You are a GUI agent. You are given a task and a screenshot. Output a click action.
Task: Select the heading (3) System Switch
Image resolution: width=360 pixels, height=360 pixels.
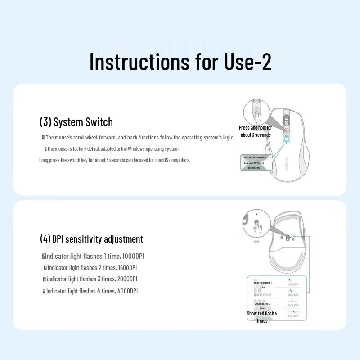coord(76,122)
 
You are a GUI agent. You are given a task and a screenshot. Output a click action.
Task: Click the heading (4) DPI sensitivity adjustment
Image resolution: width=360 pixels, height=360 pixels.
coord(91,239)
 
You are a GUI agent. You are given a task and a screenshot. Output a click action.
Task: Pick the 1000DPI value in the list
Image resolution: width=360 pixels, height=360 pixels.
coord(133,256)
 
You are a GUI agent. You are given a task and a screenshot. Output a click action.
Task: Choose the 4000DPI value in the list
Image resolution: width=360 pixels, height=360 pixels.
coord(127,291)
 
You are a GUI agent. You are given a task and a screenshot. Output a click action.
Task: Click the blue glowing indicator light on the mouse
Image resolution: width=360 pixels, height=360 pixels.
coord(286,138)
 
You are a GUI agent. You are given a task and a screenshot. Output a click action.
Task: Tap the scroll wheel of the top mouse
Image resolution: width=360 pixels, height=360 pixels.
coord(286,121)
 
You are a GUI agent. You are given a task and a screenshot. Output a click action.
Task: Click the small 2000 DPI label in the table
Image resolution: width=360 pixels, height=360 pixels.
coord(293,306)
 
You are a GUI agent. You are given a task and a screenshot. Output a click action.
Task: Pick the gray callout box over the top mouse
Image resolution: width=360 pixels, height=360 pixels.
coord(255,162)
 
